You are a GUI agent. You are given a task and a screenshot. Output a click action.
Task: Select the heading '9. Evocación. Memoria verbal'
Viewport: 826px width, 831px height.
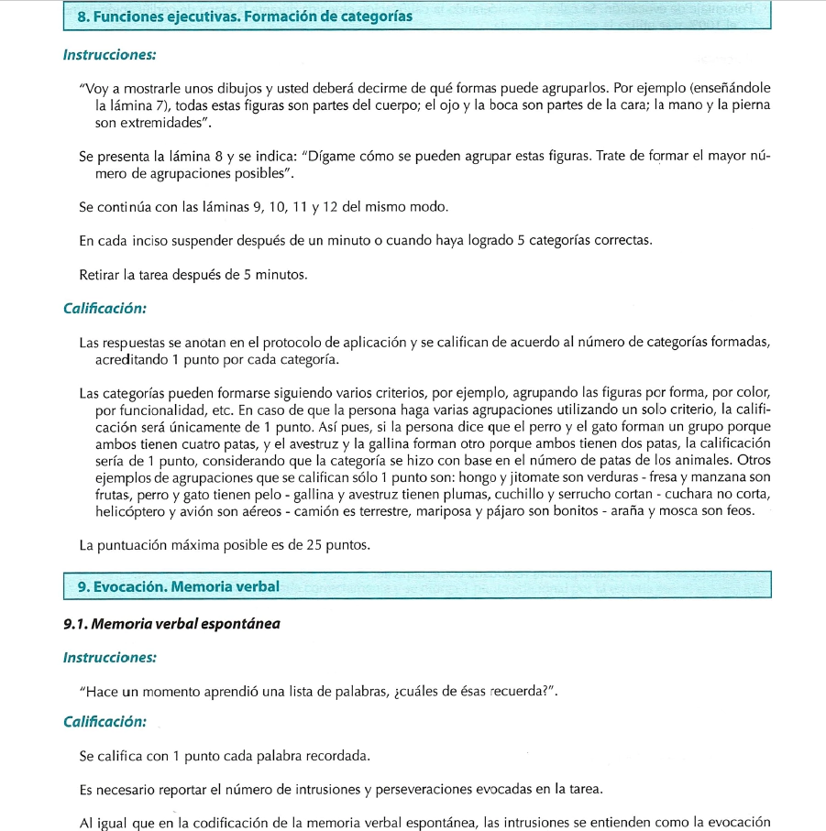(x=178, y=585)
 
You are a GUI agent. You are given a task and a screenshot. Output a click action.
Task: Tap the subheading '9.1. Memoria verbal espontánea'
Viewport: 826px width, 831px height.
(x=171, y=624)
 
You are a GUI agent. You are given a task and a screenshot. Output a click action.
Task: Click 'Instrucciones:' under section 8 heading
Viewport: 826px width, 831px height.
(x=109, y=55)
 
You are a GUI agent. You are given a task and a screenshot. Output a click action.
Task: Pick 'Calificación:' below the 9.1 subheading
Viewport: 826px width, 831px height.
(x=105, y=721)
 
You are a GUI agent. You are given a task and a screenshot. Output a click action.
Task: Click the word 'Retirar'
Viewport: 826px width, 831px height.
(x=103, y=274)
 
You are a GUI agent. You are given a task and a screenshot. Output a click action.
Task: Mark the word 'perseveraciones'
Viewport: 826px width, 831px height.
(x=408, y=789)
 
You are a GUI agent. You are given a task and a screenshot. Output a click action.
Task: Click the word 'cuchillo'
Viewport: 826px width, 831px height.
(x=491, y=494)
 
